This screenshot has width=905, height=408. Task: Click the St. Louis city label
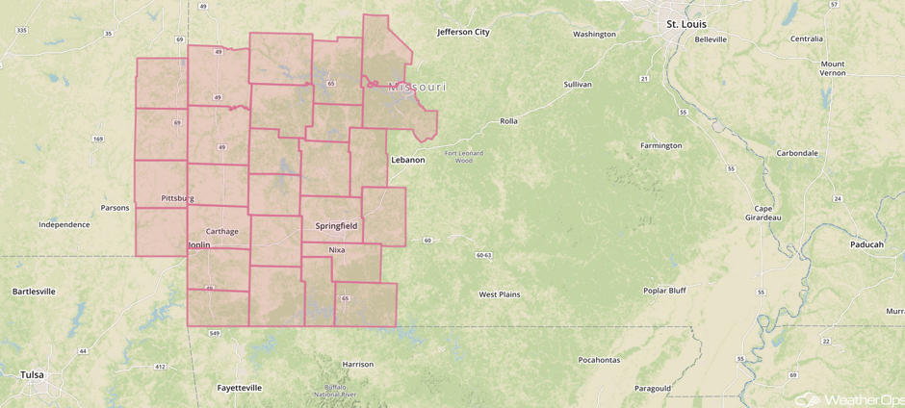(x=685, y=23)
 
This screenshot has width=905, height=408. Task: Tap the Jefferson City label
(x=463, y=32)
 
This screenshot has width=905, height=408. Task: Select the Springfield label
(x=336, y=226)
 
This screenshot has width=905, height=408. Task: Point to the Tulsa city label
(x=32, y=374)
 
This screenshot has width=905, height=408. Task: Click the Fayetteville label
(x=239, y=388)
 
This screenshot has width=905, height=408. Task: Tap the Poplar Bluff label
(x=663, y=290)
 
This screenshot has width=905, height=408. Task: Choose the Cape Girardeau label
(x=763, y=213)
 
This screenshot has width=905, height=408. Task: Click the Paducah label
(x=866, y=244)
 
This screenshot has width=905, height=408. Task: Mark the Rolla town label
(x=508, y=121)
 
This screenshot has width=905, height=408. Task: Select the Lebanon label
(x=407, y=160)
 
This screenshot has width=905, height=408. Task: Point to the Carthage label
(x=221, y=232)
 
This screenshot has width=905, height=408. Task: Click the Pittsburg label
(x=178, y=198)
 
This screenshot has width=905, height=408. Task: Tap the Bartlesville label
(x=34, y=291)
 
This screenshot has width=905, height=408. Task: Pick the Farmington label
(x=660, y=145)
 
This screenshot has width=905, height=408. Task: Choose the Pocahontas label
(x=599, y=360)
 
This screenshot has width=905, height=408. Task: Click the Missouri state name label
(x=417, y=88)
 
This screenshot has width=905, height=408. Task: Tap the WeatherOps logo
(x=847, y=397)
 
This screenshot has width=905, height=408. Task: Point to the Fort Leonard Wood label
(x=464, y=157)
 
